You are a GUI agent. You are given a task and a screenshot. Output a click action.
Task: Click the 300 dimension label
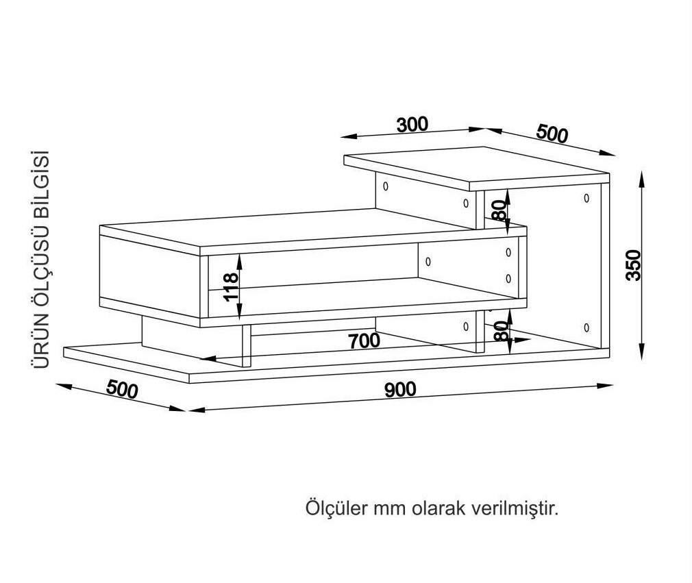412,125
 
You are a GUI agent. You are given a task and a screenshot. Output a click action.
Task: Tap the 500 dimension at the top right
552,134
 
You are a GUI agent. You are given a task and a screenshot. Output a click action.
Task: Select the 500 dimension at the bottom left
122,389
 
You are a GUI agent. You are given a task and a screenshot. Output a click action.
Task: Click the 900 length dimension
400,390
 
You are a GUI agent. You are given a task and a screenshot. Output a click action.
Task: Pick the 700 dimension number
364,341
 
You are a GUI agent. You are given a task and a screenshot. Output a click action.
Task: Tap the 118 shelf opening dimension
231,287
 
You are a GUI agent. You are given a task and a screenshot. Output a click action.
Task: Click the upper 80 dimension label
499,210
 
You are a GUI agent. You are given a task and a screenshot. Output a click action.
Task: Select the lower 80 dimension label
501,331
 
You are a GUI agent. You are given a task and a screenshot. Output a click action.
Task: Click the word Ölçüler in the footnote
336,508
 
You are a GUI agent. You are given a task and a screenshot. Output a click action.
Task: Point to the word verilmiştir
515,508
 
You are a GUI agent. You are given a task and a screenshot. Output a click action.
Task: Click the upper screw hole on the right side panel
586,198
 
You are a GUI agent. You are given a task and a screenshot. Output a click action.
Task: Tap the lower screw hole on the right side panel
586,327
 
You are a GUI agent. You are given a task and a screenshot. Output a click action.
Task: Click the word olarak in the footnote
438,508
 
